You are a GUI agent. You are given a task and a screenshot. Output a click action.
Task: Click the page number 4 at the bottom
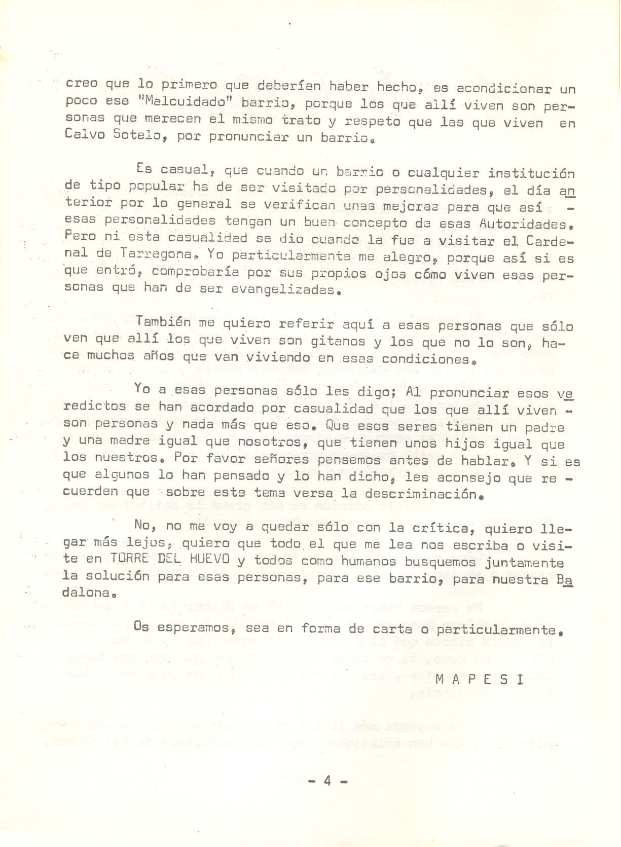[327, 781]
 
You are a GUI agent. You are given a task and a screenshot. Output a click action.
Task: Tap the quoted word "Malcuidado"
[184, 101]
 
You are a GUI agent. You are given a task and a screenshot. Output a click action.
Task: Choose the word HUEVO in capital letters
[208, 559]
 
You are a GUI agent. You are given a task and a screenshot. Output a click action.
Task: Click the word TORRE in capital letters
[129, 559]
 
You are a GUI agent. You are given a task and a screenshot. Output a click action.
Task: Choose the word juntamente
[525, 562]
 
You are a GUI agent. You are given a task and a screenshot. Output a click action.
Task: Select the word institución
[531, 173]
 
